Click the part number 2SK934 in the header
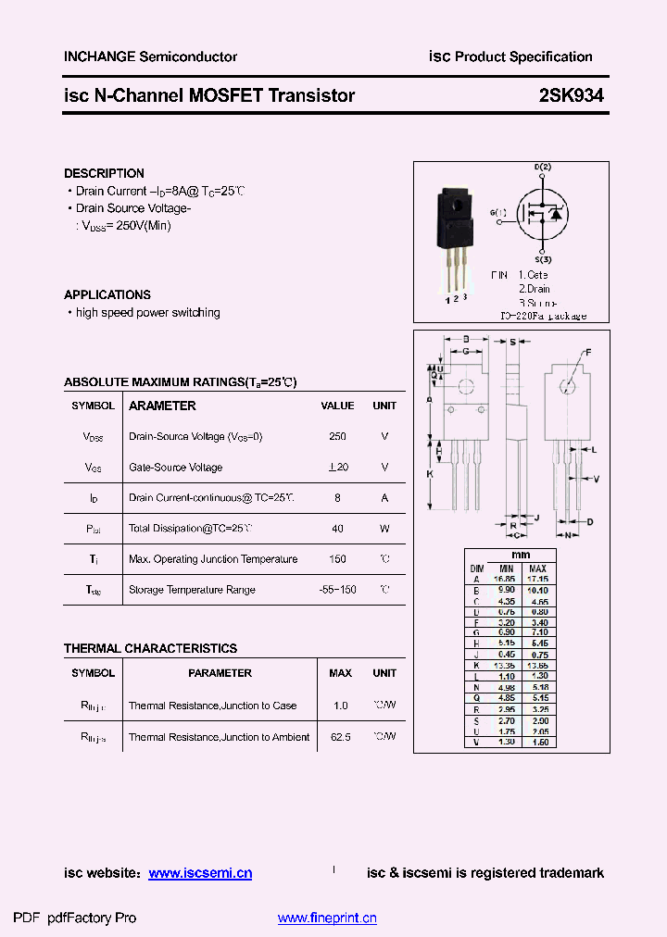pyautogui.click(x=572, y=95)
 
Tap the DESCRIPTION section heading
pyautogui.click(x=104, y=173)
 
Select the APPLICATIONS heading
pyautogui.click(x=107, y=294)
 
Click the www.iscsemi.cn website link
pyautogui.click(x=200, y=873)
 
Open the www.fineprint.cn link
pyautogui.click(x=327, y=918)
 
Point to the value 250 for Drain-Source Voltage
pyautogui.click(x=337, y=436)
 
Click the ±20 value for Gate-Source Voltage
pyautogui.click(x=337, y=468)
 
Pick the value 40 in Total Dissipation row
pyautogui.click(x=337, y=529)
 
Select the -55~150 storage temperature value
pyautogui.click(x=337, y=590)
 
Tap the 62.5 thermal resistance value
pyautogui.click(x=340, y=737)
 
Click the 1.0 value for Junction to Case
pyautogui.click(x=340, y=706)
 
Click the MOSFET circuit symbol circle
pyautogui.click(x=542, y=213)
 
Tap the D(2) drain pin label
pyautogui.click(x=542, y=167)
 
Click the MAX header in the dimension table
pyautogui.click(x=537, y=568)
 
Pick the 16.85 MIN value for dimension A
pyautogui.click(x=506, y=579)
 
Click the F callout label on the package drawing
pyautogui.click(x=587, y=352)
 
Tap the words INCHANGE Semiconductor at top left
pyautogui.click(x=150, y=56)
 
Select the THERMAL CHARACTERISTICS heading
pyautogui.click(x=150, y=648)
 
